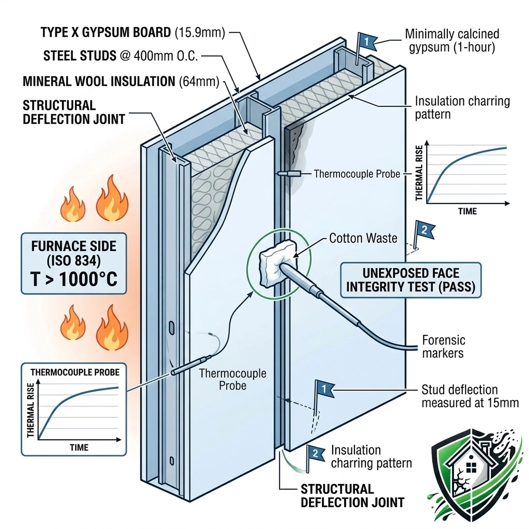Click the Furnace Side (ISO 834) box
pyautogui.click(x=74, y=263)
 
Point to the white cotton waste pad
pyautogui.click(x=272, y=257)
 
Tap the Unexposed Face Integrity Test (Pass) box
pyautogui.click(x=411, y=280)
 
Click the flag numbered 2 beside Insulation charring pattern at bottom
pyautogui.click(x=313, y=453)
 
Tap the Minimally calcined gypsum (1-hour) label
pyautogui.click(x=452, y=42)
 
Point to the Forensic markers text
pyautogui.click(x=443, y=347)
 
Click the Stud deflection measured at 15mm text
pyautogui.click(x=470, y=396)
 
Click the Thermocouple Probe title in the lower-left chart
pyautogui.click(x=75, y=372)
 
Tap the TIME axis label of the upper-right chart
pyautogui.click(x=467, y=211)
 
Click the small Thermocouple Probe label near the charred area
pyautogui.click(x=357, y=174)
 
